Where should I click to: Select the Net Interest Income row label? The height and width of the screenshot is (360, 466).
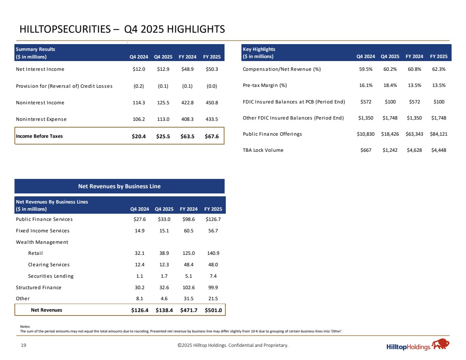pyautogui.click(x=40, y=69)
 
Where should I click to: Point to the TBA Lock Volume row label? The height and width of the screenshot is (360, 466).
pyautogui.click(x=263, y=150)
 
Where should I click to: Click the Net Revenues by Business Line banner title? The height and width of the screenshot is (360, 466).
pyautogui.click(x=119, y=186)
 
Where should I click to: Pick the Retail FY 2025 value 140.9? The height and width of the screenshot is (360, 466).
pyautogui.click(x=213, y=253)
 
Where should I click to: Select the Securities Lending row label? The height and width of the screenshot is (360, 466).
pyautogui.click(x=51, y=276)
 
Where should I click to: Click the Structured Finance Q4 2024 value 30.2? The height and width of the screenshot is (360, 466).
pyautogui.click(x=139, y=287)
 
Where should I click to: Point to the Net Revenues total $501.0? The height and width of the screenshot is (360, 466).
pyautogui.click(x=213, y=310)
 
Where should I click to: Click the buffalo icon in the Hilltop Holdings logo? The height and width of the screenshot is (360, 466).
pyautogui.click(x=440, y=344)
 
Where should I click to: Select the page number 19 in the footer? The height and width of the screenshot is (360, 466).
pyautogui.click(x=23, y=346)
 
